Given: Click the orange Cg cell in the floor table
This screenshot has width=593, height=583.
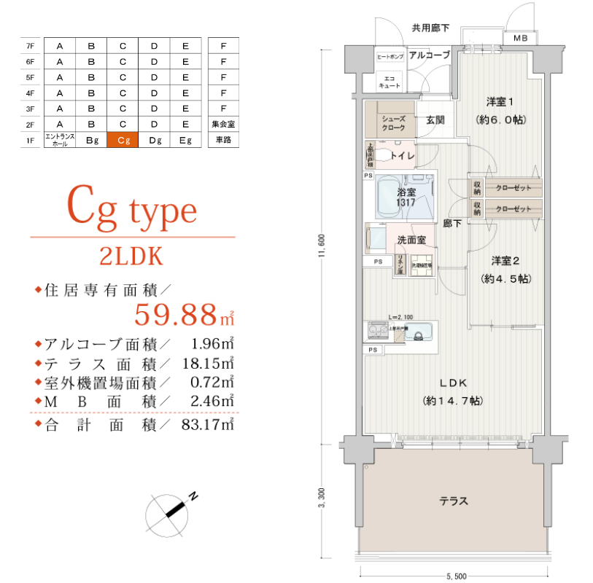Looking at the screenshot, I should (x=123, y=140).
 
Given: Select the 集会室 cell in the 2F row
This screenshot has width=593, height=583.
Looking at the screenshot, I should (x=223, y=124).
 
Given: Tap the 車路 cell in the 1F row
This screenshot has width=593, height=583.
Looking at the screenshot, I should (x=223, y=140).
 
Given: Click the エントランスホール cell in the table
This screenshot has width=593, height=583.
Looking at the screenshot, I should (x=60, y=140).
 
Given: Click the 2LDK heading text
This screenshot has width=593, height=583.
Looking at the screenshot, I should (x=131, y=257).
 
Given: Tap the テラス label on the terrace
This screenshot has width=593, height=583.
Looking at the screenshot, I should (x=454, y=501).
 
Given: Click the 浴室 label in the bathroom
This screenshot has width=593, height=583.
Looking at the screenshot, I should (x=406, y=192).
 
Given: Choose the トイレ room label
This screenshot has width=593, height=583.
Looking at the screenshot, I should (x=403, y=155).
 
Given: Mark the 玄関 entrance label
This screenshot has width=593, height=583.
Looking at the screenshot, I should (x=435, y=120).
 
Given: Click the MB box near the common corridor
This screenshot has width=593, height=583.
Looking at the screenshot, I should (x=521, y=38).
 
